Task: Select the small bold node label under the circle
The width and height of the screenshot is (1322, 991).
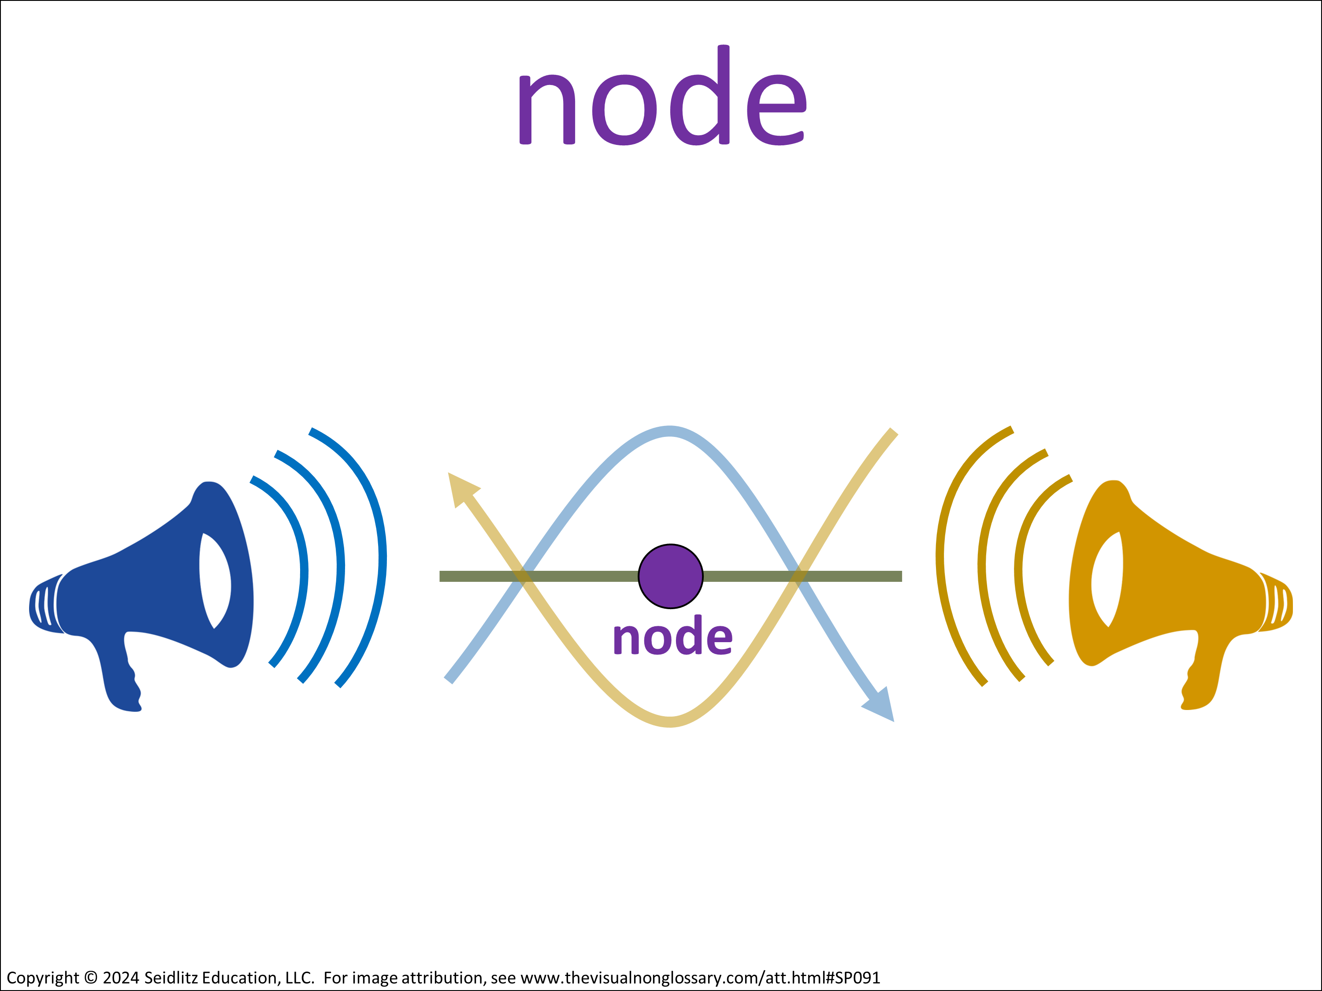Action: (x=672, y=635)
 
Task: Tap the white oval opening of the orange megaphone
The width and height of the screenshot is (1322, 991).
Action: (x=1107, y=579)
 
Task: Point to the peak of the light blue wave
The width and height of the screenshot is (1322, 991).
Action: (x=670, y=431)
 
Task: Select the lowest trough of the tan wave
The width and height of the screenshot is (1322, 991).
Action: (x=670, y=721)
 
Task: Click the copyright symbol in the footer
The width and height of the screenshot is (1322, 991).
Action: (x=91, y=978)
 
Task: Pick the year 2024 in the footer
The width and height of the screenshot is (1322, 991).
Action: (x=121, y=978)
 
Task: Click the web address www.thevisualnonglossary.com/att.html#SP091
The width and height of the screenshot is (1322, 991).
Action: (x=701, y=978)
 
